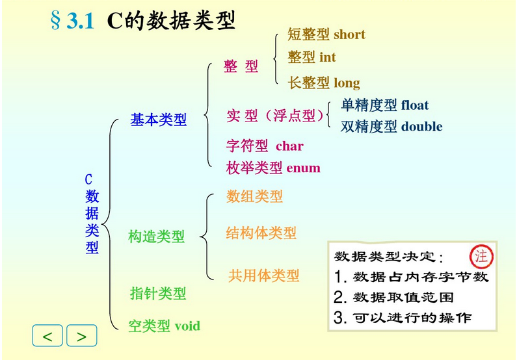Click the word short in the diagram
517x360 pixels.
(x=349, y=34)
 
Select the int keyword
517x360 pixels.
(x=328, y=58)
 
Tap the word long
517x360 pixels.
(x=347, y=83)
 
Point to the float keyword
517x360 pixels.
(x=415, y=105)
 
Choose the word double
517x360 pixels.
(x=421, y=127)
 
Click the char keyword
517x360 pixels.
(x=289, y=146)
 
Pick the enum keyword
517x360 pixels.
(x=303, y=168)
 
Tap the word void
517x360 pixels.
(x=187, y=326)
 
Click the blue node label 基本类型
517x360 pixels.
(x=159, y=120)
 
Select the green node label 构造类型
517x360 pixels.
(x=157, y=237)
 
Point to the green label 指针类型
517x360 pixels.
(x=158, y=294)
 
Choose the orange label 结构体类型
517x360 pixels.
(x=261, y=233)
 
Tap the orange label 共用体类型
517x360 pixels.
(x=264, y=276)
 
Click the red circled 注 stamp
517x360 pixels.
(x=481, y=256)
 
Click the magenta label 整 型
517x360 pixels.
(x=241, y=66)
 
